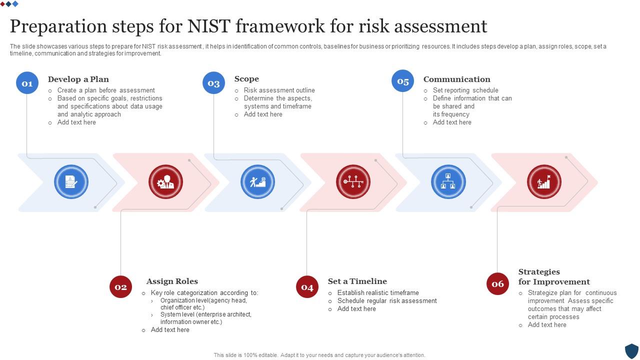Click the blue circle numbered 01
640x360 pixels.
pos(27,83)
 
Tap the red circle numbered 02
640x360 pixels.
pos(120,286)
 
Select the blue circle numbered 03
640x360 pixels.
pos(213,83)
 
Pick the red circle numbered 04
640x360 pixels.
pos(307,286)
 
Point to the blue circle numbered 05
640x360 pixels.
pos(402,81)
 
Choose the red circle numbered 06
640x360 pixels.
pos(497,283)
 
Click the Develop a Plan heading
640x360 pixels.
pos(78,79)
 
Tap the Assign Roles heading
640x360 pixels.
pos(172,281)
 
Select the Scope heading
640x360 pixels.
pos(246,78)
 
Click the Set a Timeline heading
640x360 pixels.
pos(357,281)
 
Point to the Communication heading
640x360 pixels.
pos(456,79)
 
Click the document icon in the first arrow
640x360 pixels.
pos(71,182)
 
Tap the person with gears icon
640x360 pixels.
pos(165,182)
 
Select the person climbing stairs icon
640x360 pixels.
pos(257,182)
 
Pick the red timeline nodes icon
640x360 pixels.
pos(353,182)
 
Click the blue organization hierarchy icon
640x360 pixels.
pos(448,182)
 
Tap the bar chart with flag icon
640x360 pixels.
pos(544,182)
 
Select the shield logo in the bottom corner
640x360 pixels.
pos(631,350)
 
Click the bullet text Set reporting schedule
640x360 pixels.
pos(465,90)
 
